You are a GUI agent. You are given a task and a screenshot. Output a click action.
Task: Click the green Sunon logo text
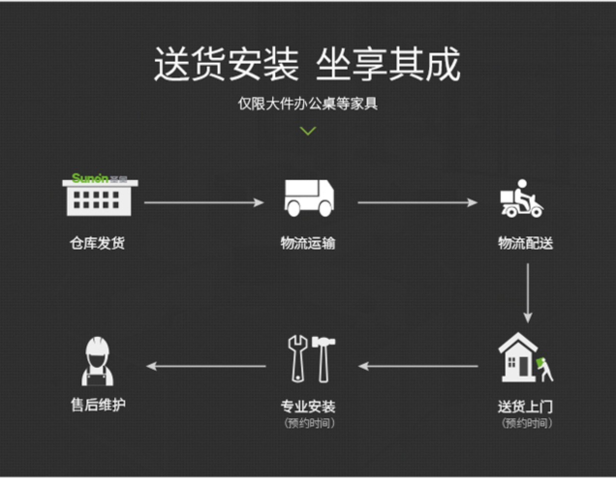[90, 178]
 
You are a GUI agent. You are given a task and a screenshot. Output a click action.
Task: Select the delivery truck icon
[308, 198]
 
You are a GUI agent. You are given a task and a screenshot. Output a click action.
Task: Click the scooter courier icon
[522, 199]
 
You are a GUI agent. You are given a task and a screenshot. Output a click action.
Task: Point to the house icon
[518, 358]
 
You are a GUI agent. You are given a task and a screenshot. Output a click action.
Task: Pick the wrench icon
[298, 358]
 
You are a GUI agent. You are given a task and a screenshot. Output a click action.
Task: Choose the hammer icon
[323, 358]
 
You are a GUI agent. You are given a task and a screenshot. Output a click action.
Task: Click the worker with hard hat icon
[97, 362]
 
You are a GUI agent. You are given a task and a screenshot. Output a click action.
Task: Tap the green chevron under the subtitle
[308, 131]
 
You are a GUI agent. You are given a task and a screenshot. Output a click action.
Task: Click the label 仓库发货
[97, 243]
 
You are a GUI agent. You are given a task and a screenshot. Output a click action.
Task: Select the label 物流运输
[308, 243]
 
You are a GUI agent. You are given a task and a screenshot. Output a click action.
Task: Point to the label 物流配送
[525, 243]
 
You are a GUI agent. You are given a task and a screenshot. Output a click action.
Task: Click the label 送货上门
[525, 406]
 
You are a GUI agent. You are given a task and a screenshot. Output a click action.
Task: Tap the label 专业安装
[308, 406]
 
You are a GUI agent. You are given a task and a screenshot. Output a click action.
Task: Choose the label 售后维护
[98, 404]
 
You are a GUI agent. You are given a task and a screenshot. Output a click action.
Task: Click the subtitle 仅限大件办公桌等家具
[308, 103]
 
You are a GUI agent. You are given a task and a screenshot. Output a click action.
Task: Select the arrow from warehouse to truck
[204, 202]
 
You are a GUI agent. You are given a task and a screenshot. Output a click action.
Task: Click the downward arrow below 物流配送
[528, 293]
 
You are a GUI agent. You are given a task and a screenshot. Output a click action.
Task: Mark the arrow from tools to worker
[206, 366]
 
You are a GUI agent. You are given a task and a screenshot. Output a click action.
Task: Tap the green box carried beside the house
[540, 362]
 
